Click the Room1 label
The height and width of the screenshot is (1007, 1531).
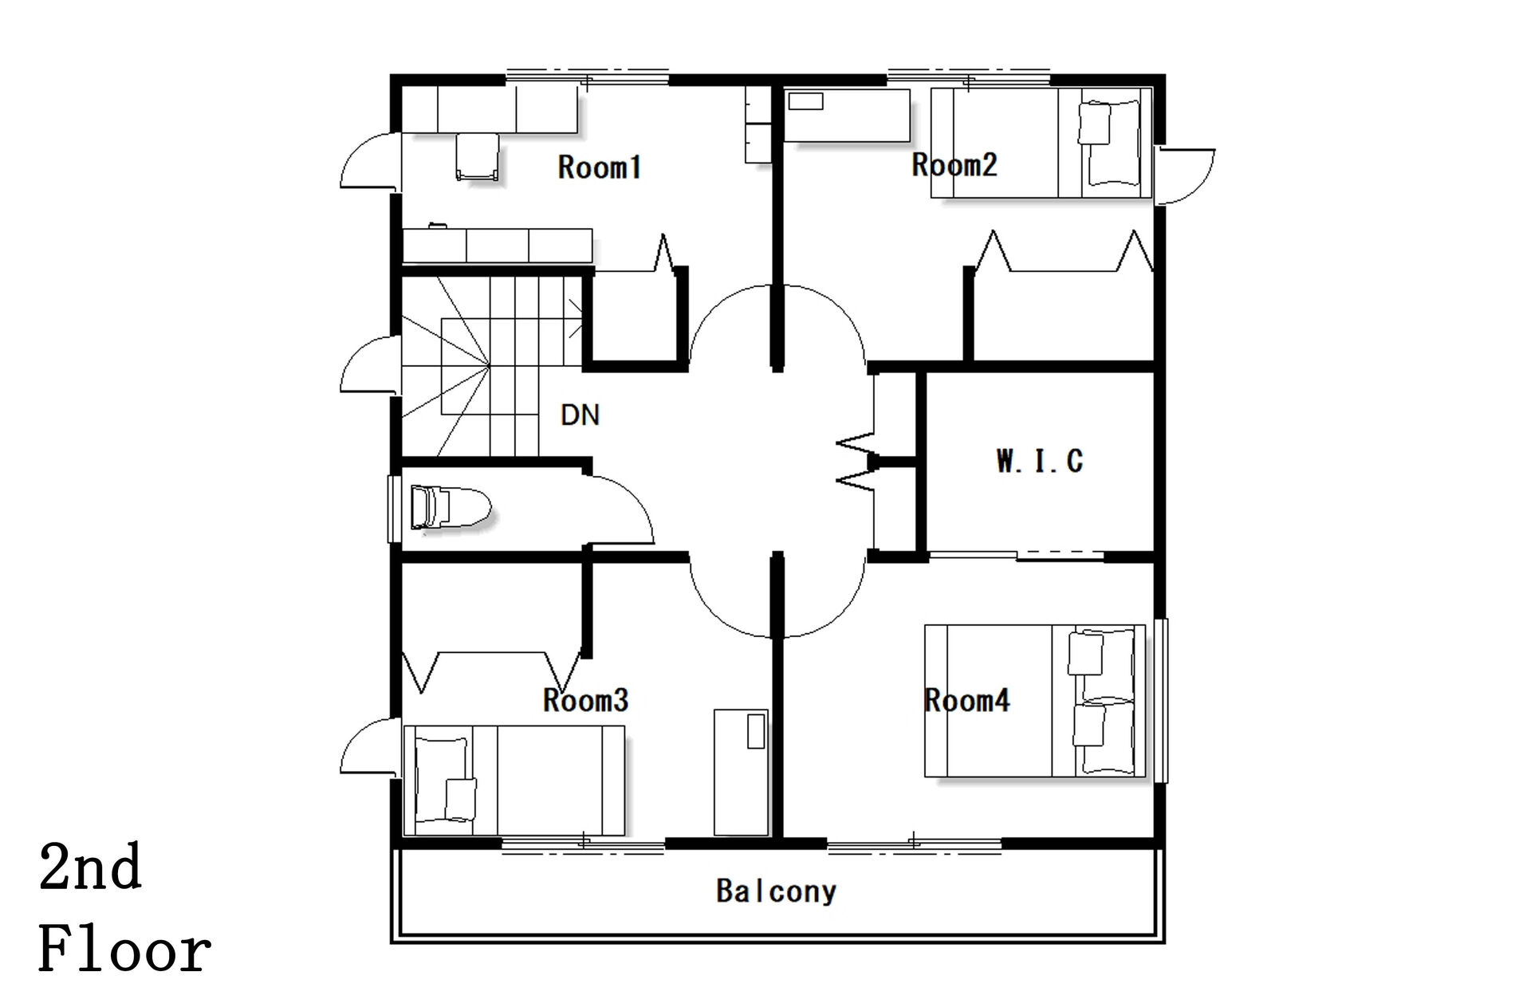(x=600, y=167)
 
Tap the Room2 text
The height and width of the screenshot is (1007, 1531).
(x=954, y=165)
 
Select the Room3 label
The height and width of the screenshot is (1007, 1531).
(x=585, y=700)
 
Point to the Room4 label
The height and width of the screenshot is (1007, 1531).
(x=966, y=701)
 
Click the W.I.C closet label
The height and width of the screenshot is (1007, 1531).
(x=1040, y=461)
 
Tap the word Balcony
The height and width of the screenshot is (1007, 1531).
(x=777, y=891)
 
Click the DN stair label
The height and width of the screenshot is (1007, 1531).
(x=580, y=415)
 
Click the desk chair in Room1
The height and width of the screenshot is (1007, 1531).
(x=478, y=156)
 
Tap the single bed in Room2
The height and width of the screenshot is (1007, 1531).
(x=1041, y=143)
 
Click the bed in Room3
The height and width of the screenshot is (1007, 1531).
(x=514, y=780)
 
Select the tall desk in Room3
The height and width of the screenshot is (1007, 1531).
(x=741, y=772)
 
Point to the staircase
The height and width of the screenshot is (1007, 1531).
(x=490, y=366)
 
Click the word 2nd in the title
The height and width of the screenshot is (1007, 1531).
(x=90, y=868)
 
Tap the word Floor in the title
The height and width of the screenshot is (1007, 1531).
(x=125, y=950)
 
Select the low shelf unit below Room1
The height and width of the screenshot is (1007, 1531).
(x=498, y=246)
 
